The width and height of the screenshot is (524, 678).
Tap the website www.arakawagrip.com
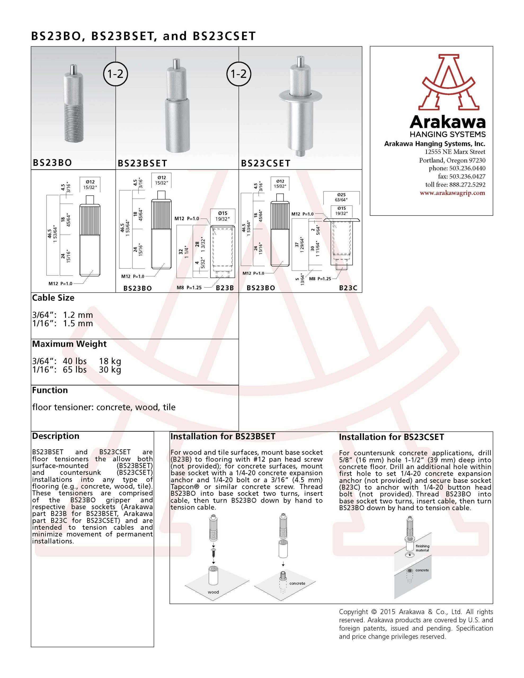452,193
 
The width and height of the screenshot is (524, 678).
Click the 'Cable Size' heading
53,298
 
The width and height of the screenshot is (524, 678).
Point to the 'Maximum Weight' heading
69,344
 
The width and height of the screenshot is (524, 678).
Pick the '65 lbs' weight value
74,370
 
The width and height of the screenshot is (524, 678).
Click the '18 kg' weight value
110,361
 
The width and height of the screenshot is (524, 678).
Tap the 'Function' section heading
50,390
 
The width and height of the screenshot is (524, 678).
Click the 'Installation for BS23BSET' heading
223,436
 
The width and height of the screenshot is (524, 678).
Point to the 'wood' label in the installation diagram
214,592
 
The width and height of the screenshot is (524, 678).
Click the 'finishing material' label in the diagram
423,548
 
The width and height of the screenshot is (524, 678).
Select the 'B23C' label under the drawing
348,288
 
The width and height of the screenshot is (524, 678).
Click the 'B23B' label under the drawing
225,288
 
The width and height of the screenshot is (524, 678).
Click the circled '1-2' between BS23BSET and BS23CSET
238,74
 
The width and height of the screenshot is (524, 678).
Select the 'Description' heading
56,436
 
